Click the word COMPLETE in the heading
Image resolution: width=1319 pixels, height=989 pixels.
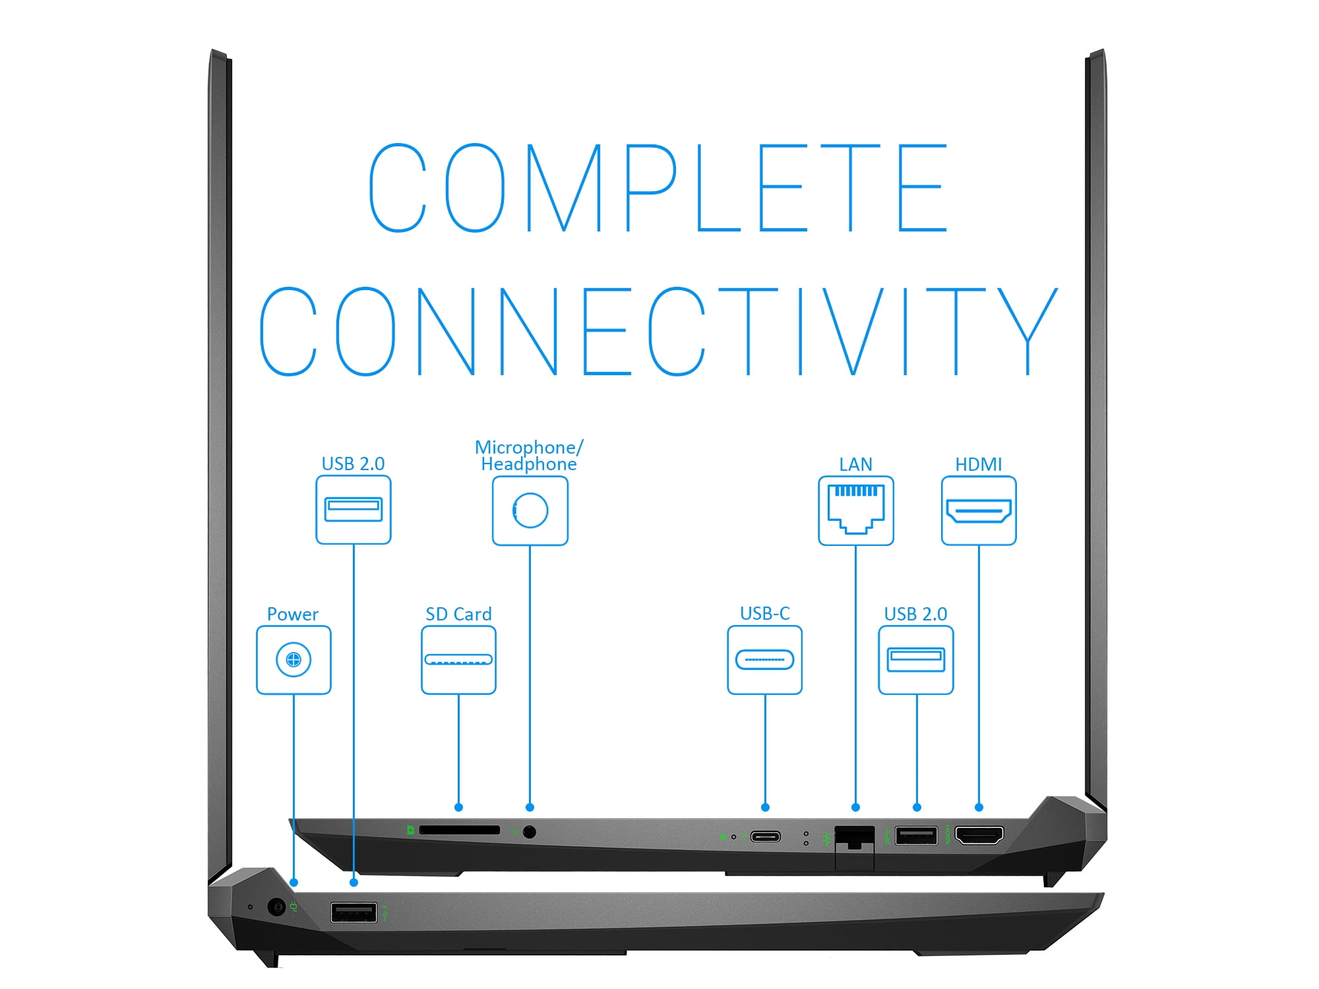pos(658,188)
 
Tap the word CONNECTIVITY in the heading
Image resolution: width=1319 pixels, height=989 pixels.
pos(658,331)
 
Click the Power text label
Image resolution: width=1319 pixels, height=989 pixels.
pos(293,614)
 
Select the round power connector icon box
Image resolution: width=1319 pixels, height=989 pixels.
pos(293,660)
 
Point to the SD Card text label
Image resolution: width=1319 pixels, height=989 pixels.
pos(458,614)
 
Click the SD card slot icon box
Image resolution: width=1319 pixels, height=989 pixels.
pos(458,660)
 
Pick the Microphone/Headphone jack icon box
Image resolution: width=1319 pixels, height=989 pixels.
pos(530,511)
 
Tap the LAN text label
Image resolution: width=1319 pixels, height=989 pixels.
pos(855,464)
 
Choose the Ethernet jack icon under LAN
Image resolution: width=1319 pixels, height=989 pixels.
pos(856,511)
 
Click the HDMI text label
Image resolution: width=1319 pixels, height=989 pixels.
pos(979,464)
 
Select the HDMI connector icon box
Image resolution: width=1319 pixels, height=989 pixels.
pos(979,511)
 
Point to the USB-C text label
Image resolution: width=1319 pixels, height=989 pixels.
pos(765,614)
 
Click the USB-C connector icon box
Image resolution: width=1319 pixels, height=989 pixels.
pos(765,660)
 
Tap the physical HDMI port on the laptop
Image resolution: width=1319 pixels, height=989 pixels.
pos(979,835)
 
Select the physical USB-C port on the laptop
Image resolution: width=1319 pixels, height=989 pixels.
pos(766,837)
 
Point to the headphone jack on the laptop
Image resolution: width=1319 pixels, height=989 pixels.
pos(529,832)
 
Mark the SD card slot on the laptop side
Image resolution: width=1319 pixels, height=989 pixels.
pos(460,830)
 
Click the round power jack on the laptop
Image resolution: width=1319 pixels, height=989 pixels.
pos(277,907)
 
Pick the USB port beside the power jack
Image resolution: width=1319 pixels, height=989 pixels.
pos(354,913)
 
